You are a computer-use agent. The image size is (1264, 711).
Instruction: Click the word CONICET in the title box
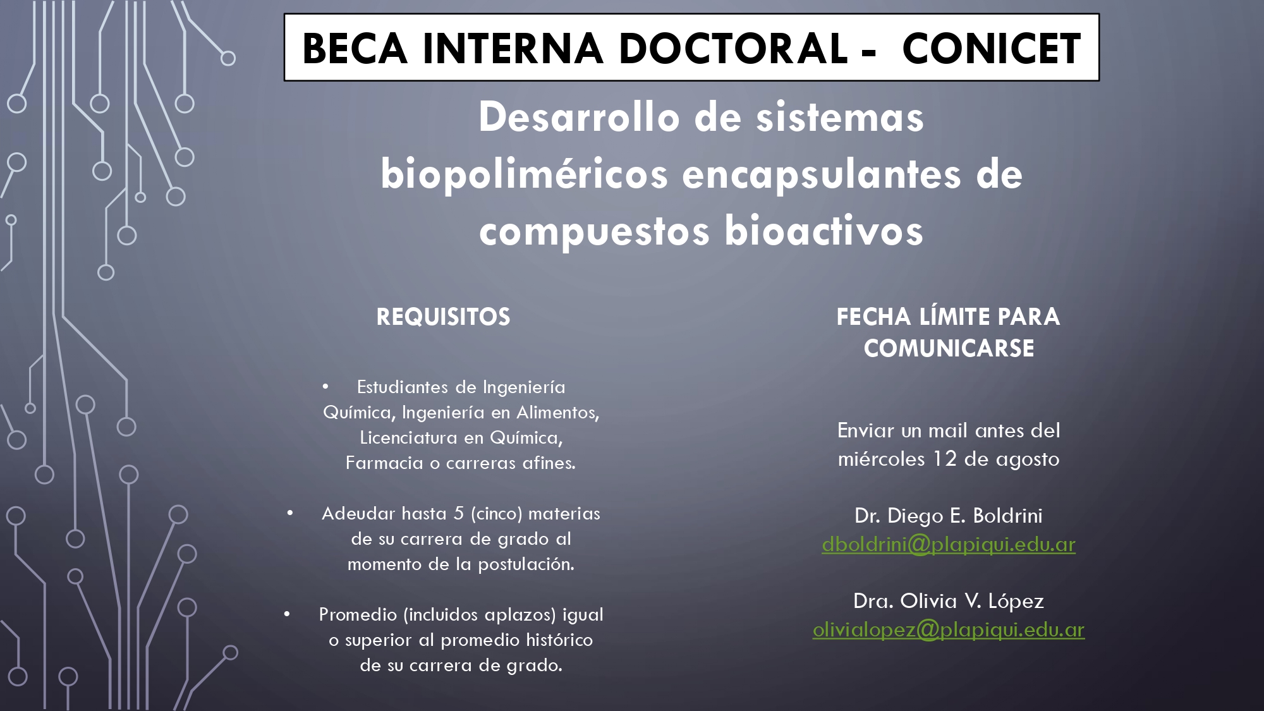(x=992, y=49)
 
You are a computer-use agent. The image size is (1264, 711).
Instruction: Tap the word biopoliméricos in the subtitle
(x=524, y=175)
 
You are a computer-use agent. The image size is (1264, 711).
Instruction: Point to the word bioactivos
(x=823, y=231)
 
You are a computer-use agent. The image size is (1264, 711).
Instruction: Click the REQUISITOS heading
(x=443, y=317)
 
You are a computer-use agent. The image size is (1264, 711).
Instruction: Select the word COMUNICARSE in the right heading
(x=949, y=348)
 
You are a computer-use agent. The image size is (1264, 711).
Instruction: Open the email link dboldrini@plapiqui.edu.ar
(x=949, y=545)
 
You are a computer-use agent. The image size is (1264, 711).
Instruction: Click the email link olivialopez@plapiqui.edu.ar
(x=949, y=630)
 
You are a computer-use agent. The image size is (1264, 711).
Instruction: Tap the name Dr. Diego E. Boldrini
(x=949, y=516)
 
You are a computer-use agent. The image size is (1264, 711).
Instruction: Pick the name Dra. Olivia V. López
(x=949, y=600)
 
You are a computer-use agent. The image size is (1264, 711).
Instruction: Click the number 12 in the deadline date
(x=945, y=459)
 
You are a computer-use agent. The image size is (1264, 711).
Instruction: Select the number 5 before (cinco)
(x=459, y=513)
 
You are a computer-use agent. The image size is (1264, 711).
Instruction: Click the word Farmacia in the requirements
(x=384, y=463)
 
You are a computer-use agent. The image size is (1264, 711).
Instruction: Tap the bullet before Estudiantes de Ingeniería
(x=325, y=386)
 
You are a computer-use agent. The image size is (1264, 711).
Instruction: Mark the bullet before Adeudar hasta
(x=290, y=513)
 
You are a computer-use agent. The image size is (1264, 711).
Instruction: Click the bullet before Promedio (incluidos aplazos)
(x=287, y=614)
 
